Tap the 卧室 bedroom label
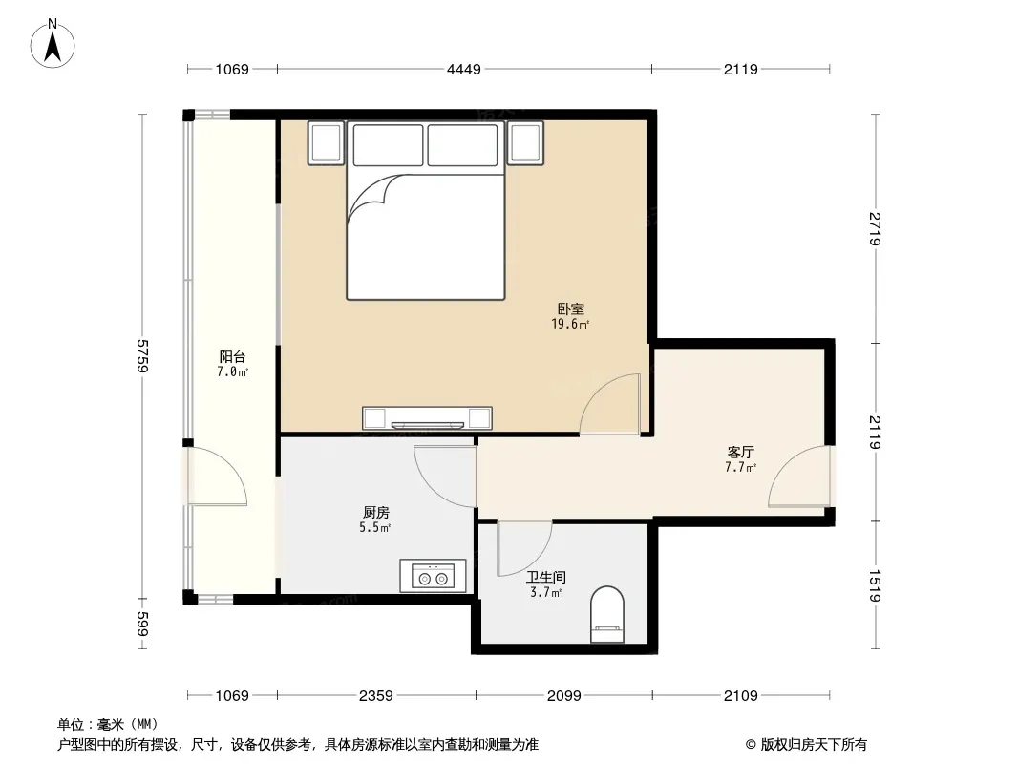tap(570, 309)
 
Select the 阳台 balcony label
tap(232, 356)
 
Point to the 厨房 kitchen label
tap(376, 512)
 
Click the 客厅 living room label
tap(740, 452)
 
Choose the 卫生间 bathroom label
tap(545, 577)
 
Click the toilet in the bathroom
tap(607, 614)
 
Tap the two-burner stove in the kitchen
tap(433, 576)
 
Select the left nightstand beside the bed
tap(326, 143)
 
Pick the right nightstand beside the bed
tap(525, 143)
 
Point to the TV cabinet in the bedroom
tap(427, 418)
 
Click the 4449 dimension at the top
tap(463, 69)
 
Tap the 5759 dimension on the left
tap(143, 355)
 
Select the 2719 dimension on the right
tap(875, 228)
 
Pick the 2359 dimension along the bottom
tap(376, 696)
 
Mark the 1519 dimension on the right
tap(875, 584)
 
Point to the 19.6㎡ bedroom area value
tap(570, 324)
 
